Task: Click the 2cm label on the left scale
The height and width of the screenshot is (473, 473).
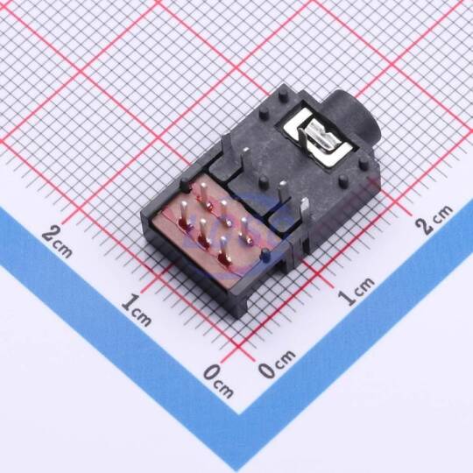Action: (57, 244)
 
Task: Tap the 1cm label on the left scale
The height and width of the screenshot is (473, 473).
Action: (137, 311)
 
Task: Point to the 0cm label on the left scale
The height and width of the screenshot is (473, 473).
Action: (218, 382)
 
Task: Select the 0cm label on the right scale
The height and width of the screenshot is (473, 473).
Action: (277, 364)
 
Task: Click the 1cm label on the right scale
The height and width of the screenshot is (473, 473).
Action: (357, 291)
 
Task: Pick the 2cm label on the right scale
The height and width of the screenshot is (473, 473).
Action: (434, 220)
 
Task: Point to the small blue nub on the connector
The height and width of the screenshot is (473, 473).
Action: (265, 255)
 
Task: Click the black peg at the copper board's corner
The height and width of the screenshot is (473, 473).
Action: (185, 185)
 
